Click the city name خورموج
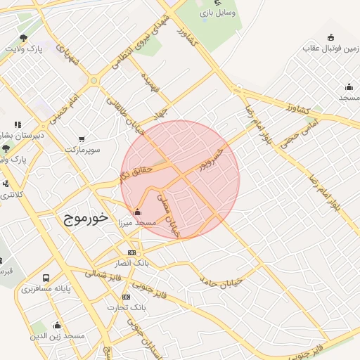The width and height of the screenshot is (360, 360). [84, 218]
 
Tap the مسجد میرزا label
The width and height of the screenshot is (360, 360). [136, 222]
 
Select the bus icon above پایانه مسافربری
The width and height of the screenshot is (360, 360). [46, 278]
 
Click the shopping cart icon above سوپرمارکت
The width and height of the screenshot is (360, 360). [82, 139]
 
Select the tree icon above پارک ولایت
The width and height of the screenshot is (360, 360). [25, 38]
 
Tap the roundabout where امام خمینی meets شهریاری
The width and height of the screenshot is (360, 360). [94, 80]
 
